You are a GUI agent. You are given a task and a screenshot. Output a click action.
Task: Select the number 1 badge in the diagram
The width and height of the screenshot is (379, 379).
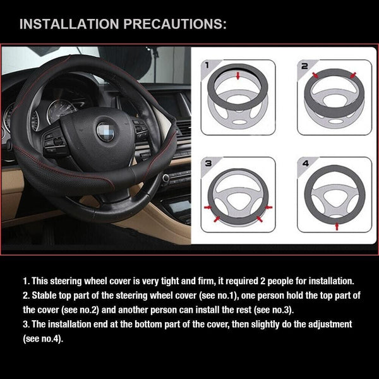pos(207,66)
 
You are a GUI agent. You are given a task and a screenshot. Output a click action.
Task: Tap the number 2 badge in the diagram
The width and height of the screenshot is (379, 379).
pos(303,66)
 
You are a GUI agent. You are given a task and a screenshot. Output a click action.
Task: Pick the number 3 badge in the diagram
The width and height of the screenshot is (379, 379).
pos(207,164)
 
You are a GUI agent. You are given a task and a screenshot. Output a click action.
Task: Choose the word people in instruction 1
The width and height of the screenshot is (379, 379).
pos(290,280)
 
